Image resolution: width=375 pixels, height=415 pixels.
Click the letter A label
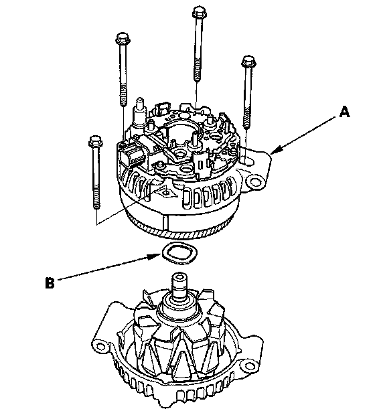coord(345,112)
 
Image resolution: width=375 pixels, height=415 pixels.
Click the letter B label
coord(50,282)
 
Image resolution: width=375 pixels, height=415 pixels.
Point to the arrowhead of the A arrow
coord(276,150)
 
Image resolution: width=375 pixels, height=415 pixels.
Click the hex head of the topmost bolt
coord(199,11)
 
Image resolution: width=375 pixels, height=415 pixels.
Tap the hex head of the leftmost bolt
coord(96,141)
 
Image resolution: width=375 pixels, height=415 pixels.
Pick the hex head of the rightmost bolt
coord(248,62)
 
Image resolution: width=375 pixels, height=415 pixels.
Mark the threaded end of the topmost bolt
coord(198,72)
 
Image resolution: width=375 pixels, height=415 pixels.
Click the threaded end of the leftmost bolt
coord(96,198)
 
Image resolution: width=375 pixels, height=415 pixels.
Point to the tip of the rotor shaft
coord(179,277)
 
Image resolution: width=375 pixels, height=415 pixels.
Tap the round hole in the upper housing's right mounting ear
coord(254,182)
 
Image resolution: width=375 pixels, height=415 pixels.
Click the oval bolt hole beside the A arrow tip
coord(247,160)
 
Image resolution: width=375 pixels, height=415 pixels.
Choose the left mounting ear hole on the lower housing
coord(100,346)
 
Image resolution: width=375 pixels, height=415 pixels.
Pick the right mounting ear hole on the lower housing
coord(248,366)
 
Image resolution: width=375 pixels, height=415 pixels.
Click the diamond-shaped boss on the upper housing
coord(166,192)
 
